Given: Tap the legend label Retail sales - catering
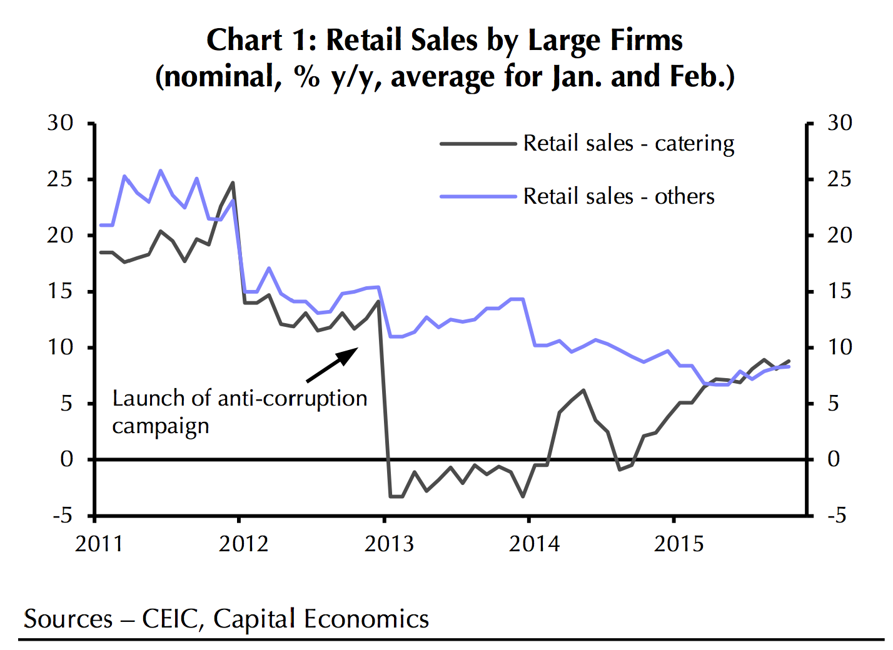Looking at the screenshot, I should tap(628, 144).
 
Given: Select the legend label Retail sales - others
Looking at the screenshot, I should tap(618, 197).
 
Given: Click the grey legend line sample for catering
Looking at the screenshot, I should tap(478, 144).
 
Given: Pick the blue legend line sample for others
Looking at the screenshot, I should tap(478, 197).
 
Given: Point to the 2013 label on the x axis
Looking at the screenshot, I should tap(389, 544).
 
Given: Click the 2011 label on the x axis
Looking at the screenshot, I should tap(99, 544).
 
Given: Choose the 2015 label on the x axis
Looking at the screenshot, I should tap(679, 544).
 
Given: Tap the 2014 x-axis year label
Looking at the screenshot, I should tap(534, 544).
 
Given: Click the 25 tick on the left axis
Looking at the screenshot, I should tap(60, 179).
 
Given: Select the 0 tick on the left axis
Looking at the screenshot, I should tap(66, 459).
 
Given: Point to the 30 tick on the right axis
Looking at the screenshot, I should tap(839, 123).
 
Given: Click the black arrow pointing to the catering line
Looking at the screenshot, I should tap(332, 365).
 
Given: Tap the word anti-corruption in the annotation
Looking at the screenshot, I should tap(292, 398).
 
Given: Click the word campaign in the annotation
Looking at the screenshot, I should tap(161, 427).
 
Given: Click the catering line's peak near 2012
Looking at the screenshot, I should tap(233, 183).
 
